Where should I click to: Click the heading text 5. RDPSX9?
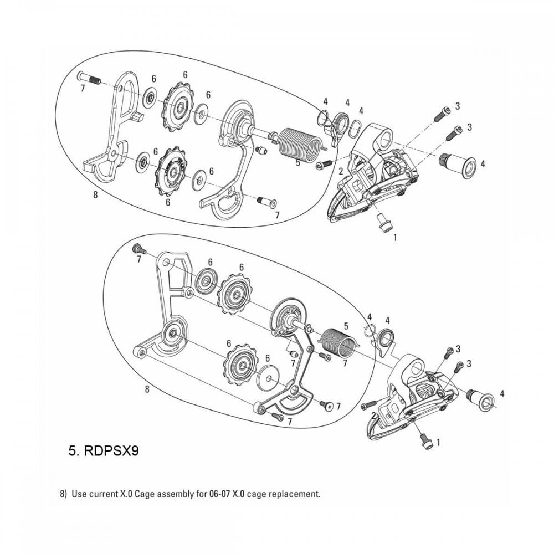point(103,450)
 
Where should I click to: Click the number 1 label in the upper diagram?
point(395,237)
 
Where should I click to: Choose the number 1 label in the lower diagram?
point(439,443)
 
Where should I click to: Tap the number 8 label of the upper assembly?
point(96,194)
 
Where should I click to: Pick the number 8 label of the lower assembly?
point(147,390)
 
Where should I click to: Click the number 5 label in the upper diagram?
point(298,163)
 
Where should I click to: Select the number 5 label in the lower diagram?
point(346,326)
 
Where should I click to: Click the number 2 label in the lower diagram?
point(375,414)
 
